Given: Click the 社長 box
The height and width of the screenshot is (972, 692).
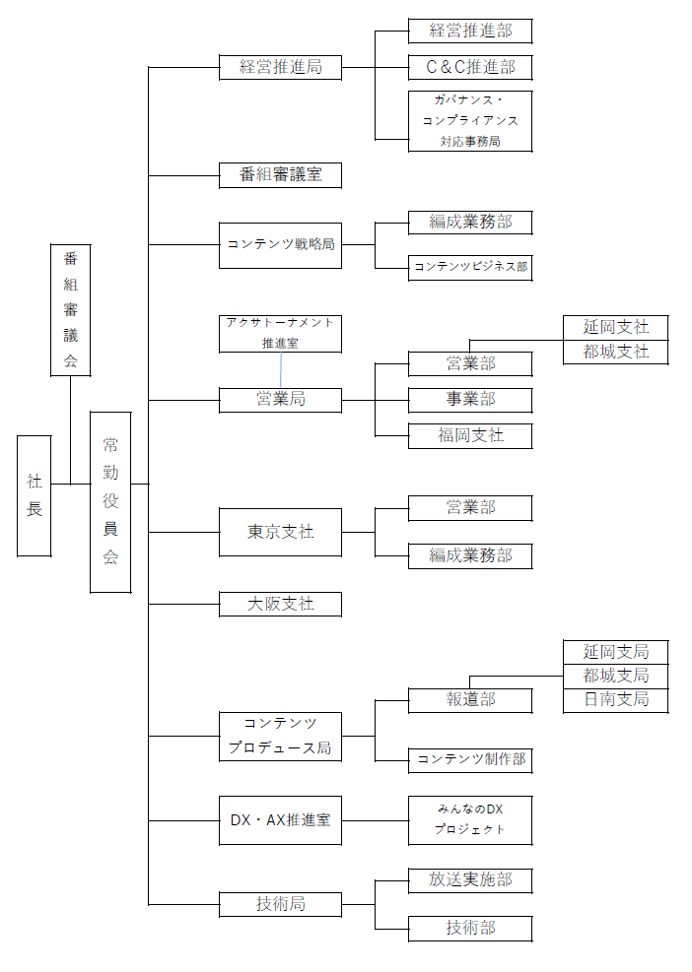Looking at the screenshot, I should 35,495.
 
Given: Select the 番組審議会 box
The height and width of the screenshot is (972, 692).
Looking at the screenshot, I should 70,310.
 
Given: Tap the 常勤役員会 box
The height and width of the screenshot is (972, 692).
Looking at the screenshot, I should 110,501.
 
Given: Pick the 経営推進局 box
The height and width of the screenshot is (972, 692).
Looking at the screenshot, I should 280,68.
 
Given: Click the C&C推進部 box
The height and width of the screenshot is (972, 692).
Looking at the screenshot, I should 470,68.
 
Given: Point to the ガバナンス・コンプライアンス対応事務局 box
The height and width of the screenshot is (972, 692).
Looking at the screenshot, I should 470,121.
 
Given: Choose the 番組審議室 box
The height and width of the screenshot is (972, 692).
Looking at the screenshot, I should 280,175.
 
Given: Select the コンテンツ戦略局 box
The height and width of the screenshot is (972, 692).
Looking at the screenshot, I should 280,244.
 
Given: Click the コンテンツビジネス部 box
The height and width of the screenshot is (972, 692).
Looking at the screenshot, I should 470,267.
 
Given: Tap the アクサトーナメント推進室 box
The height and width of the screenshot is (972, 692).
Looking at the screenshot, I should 280,333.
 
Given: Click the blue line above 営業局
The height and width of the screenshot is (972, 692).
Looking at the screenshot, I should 281,370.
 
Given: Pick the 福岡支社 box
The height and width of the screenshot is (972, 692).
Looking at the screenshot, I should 470,435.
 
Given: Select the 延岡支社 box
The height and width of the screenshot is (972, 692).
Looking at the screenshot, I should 616,327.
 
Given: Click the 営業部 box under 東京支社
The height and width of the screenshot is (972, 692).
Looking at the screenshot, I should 470,508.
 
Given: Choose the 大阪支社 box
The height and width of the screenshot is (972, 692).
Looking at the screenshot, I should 280,604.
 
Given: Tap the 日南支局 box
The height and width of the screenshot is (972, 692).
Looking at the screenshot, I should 616,700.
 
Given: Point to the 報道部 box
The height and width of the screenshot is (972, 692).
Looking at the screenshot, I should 470,700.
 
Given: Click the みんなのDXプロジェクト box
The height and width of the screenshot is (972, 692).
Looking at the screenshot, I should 470,819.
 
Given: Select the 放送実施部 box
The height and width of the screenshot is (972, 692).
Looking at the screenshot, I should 470,880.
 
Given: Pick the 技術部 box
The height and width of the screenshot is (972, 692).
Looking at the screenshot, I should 470,928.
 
